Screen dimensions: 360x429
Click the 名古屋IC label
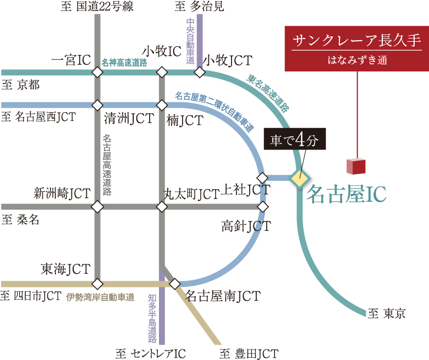point(346,194)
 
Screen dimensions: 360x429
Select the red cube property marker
point(356,167)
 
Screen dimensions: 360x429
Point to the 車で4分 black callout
point(295,140)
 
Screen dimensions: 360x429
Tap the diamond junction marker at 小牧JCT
point(200,73)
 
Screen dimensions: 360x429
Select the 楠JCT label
point(185,119)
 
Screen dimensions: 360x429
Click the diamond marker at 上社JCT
point(262,178)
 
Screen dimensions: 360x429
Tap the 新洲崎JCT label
point(62,193)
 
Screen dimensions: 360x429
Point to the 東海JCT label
point(65,269)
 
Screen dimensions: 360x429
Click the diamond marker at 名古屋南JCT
point(175,284)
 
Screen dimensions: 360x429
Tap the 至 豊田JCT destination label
point(249,353)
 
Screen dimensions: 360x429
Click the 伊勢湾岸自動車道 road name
point(100,297)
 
